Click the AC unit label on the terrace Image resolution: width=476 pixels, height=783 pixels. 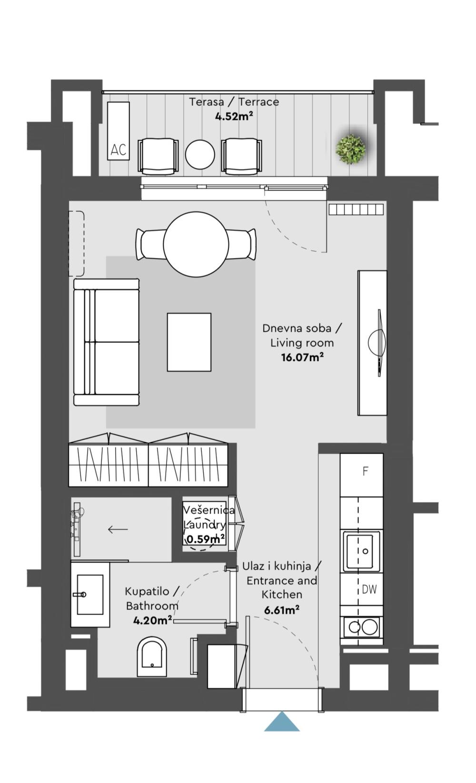click(118, 150)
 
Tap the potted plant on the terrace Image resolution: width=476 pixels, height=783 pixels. click(351, 149)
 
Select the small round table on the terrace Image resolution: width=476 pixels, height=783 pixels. click(200, 154)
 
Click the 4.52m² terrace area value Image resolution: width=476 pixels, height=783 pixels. click(234, 116)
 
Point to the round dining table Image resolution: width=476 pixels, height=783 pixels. click(196, 244)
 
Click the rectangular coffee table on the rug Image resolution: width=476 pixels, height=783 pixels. click(189, 342)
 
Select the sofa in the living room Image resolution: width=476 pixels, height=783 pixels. click(106, 342)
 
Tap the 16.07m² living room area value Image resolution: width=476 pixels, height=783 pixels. click(302, 357)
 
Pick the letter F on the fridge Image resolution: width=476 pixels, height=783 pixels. click(365, 471)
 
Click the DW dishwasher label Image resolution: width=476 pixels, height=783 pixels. click(369, 589)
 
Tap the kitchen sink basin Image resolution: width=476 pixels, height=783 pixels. click(360, 551)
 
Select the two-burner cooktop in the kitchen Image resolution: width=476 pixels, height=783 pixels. click(362, 627)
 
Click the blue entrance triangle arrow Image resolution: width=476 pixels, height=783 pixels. click(282, 723)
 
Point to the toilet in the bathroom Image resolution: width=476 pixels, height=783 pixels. click(152, 657)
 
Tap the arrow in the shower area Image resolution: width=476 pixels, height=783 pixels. click(118, 529)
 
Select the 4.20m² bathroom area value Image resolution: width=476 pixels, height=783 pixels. click(152, 621)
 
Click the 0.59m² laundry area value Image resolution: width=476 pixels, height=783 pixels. click(205, 539)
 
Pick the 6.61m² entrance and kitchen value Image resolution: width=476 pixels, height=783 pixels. click(281, 610)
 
